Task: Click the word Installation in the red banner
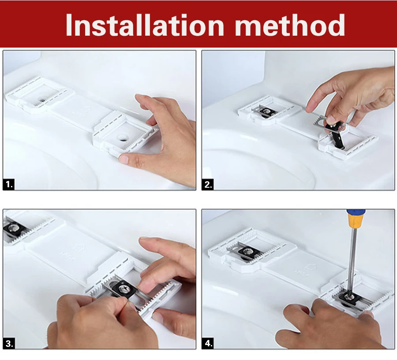145,25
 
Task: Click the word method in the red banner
290,25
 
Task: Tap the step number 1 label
9,184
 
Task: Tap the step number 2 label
208,185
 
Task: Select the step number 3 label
9,343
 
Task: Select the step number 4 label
208,343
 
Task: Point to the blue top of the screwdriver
356,211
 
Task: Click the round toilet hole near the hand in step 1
123,137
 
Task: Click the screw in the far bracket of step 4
246,251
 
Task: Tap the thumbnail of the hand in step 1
124,159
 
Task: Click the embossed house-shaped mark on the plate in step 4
310,267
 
